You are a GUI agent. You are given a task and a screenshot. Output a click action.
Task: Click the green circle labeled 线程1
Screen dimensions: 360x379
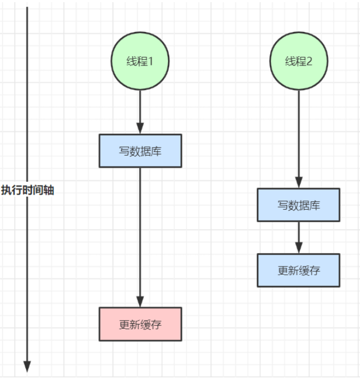tap(140, 61)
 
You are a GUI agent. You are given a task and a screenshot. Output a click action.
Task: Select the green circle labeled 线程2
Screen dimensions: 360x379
tap(299, 61)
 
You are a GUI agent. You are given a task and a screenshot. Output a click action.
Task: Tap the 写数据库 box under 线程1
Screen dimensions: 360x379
tap(140, 151)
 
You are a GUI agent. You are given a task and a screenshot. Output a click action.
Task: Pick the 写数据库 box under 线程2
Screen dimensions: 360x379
tap(298, 205)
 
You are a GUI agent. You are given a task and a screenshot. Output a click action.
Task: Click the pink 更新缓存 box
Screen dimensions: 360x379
tap(140, 324)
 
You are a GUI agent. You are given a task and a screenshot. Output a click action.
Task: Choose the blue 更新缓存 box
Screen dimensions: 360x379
tap(298, 270)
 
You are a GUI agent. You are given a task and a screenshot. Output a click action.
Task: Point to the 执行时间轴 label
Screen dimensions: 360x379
tap(28, 190)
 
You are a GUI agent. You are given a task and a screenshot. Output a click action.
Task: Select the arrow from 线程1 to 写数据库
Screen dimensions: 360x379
tap(140, 112)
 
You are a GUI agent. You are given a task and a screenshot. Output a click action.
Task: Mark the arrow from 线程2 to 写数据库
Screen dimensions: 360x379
tap(299, 139)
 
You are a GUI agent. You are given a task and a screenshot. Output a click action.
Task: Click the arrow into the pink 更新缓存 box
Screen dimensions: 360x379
tap(140, 237)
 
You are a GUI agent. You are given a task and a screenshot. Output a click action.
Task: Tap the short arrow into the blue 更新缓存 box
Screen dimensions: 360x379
tap(299, 237)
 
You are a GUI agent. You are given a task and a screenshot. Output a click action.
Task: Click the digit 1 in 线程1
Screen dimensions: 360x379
tap(150, 62)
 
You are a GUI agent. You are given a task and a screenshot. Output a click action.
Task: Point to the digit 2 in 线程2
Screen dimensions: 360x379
tap(309, 62)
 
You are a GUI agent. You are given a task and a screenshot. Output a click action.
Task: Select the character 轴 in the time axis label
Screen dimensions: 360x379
tap(49, 190)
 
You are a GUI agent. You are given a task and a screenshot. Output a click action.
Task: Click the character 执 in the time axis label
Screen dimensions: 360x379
tap(6, 190)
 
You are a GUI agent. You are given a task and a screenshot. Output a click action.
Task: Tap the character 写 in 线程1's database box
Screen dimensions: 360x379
tap(124, 151)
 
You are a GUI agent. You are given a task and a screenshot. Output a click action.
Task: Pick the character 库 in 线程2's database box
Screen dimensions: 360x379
tap(315, 205)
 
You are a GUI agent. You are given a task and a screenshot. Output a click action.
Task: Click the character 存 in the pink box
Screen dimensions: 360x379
tap(156, 324)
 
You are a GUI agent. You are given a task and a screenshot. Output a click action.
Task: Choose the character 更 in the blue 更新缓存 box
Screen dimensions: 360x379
tap(283, 271)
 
